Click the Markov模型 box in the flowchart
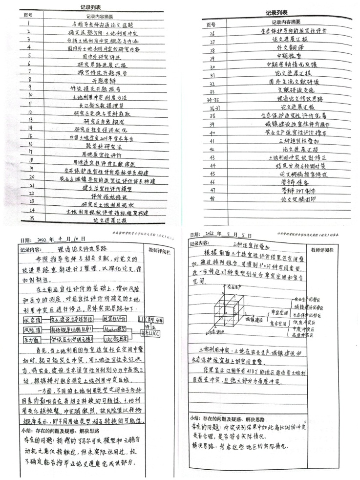[115, 330]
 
